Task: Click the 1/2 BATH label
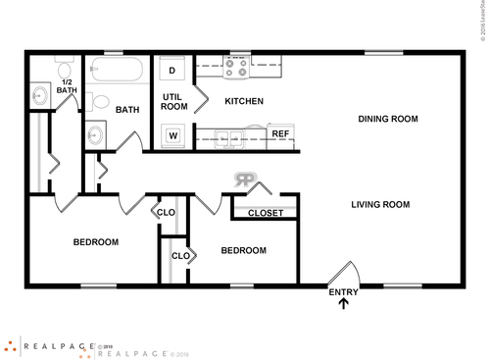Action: [x=67, y=86]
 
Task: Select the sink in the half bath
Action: [x=40, y=96]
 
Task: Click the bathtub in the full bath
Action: [x=116, y=71]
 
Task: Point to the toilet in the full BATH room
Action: [x=101, y=101]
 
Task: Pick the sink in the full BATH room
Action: [x=96, y=135]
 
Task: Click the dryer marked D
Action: [x=172, y=71]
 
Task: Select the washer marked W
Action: [x=172, y=134]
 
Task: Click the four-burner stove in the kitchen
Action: [x=236, y=69]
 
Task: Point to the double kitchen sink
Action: [x=230, y=136]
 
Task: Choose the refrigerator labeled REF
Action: [x=279, y=134]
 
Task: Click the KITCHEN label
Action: [x=244, y=102]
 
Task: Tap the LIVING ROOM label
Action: [x=380, y=205]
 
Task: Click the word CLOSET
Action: [x=266, y=213]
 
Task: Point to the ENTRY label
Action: [x=343, y=291]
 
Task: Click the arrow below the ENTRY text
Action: [x=343, y=304]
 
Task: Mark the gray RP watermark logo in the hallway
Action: [x=244, y=180]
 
